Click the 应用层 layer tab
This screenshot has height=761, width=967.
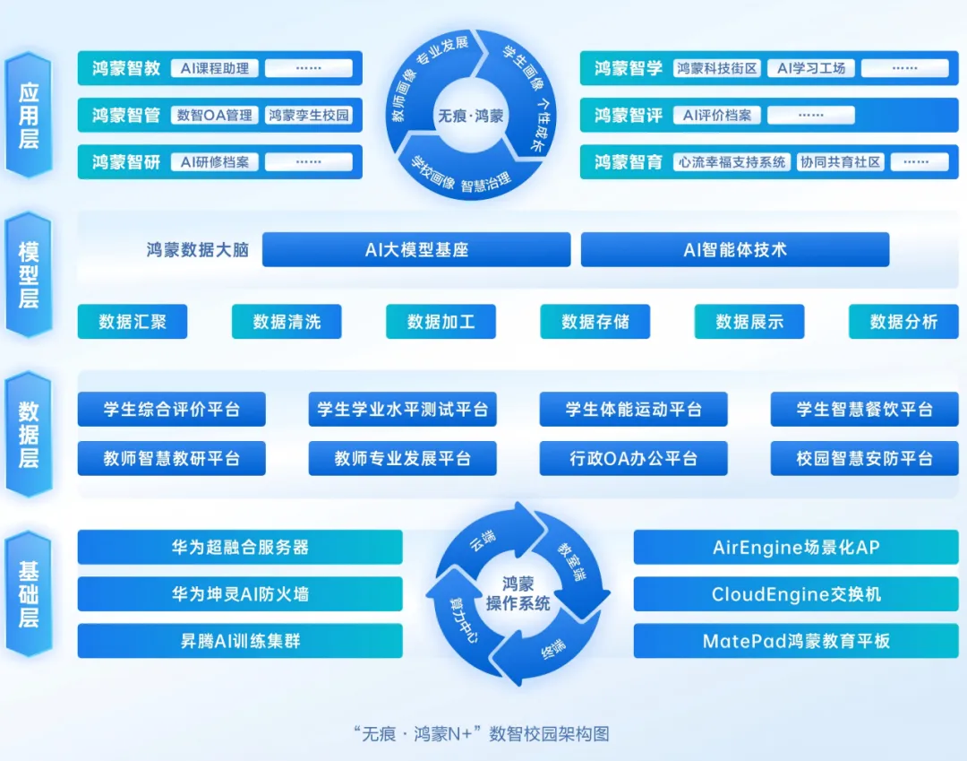29,116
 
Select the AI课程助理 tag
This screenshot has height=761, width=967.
214,68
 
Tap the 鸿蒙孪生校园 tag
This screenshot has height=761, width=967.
309,116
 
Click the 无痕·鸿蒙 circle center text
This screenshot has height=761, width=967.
470,116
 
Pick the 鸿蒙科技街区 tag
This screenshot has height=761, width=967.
717,68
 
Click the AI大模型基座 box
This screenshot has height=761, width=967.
416,250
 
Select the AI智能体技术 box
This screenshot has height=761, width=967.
735,250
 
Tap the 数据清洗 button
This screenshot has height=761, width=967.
287,322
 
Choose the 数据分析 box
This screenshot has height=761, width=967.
903,322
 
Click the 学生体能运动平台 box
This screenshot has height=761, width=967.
633,410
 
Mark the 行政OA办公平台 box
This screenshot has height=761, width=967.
633,458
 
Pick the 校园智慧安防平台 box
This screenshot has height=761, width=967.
864,458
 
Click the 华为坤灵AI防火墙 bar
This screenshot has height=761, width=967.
240,593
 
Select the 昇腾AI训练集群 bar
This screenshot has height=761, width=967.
240,641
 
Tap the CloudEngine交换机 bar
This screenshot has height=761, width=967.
796,593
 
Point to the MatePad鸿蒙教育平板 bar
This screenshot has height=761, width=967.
796,641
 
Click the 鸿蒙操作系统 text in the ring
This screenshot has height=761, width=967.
518,593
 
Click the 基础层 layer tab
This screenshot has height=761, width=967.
29,594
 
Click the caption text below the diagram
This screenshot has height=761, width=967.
482,733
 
